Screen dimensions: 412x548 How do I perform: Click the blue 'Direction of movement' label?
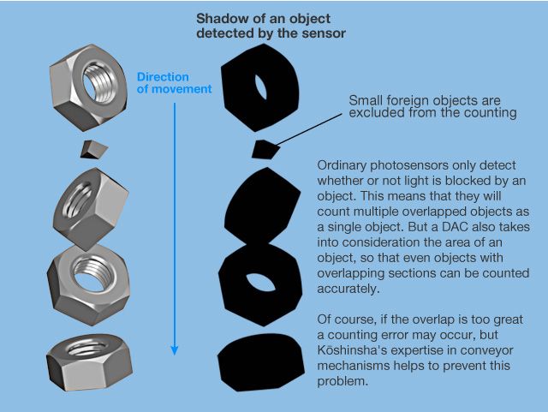click(x=174, y=83)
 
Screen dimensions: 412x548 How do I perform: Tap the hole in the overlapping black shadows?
click(x=258, y=284)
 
